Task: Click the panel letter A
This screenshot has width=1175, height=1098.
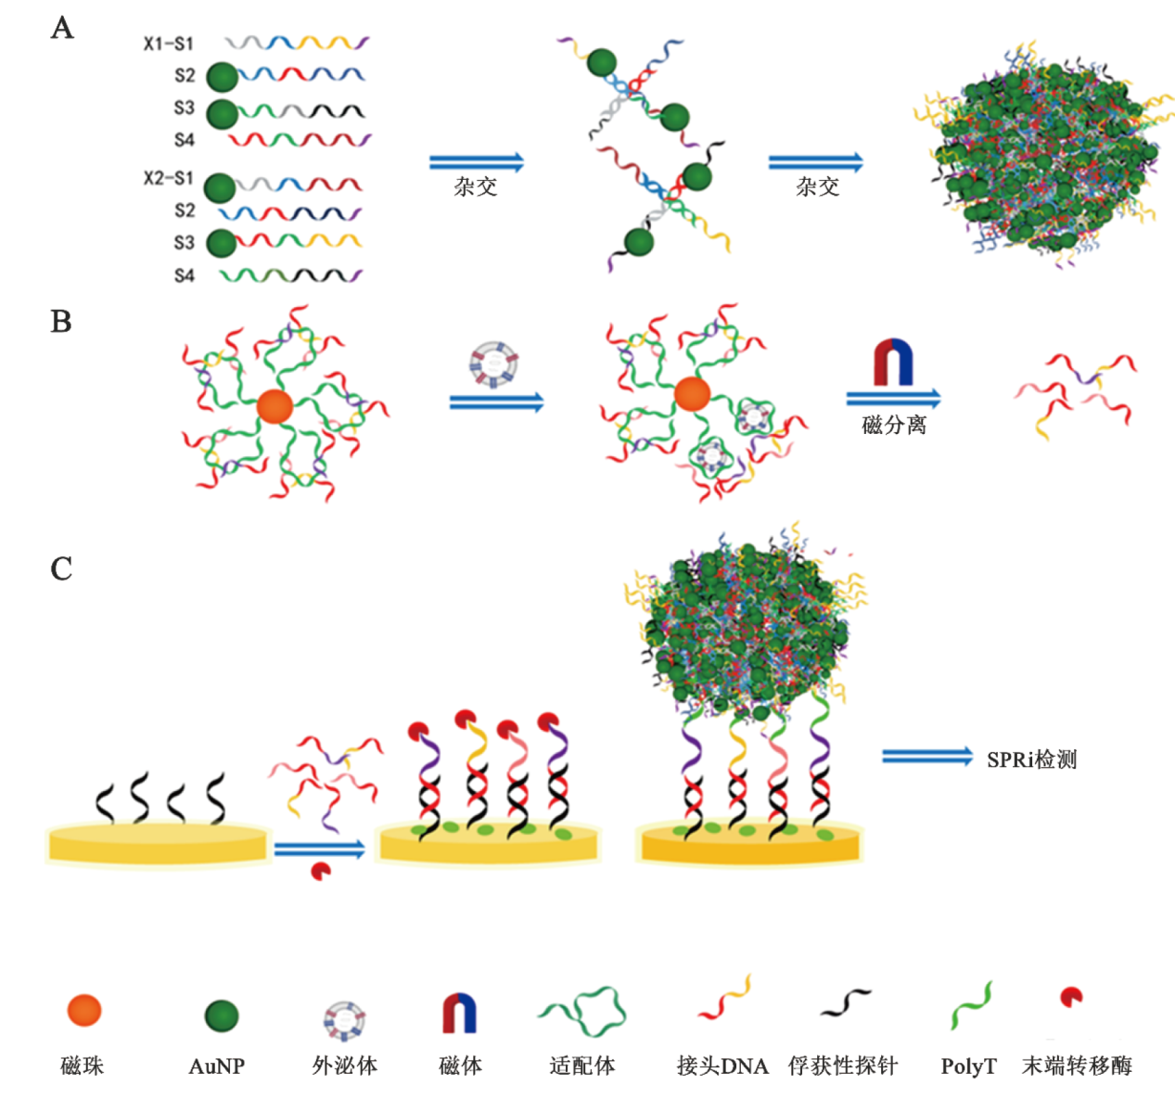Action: point(62,28)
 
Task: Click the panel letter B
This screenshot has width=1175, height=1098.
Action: point(61,322)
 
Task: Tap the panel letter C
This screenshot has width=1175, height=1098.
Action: point(61,568)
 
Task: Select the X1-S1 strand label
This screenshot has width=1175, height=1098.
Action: point(168,44)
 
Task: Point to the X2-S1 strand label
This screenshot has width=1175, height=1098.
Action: point(168,178)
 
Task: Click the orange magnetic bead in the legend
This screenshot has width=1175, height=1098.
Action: point(84,1010)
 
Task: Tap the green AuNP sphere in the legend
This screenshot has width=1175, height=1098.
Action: point(222,1015)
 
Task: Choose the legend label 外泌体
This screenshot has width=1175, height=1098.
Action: point(344,1066)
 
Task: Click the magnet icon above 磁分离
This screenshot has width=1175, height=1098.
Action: point(893,363)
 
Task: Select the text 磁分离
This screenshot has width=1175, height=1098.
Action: point(893,425)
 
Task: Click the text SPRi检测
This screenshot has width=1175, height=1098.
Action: point(1031,760)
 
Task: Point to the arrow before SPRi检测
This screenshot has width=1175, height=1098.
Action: point(926,757)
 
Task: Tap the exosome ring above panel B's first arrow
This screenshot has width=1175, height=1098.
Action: point(493,364)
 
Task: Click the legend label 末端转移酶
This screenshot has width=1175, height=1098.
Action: point(1077,1066)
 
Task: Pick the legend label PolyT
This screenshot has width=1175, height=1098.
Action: point(968,1066)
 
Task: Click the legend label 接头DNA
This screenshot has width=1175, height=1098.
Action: point(722,1066)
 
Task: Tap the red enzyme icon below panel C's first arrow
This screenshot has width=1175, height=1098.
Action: point(321,872)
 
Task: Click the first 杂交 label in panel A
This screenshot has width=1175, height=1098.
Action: point(475,186)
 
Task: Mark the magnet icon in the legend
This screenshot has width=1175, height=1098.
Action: point(459,1013)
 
